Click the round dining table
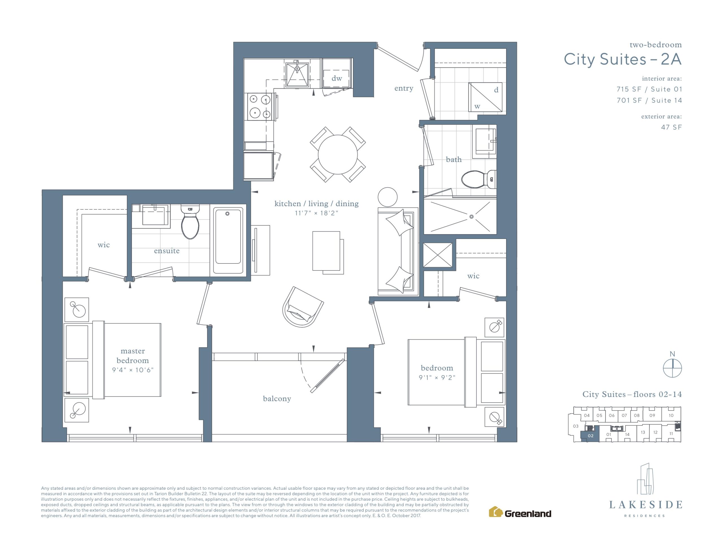[x=338, y=155]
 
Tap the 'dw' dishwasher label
[x=337, y=78]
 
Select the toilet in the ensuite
[x=190, y=222]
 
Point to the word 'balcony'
[x=277, y=399]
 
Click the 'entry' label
[x=404, y=88]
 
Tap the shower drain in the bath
[x=471, y=217]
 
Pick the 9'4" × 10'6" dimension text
[x=133, y=370]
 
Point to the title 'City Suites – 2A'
[x=623, y=60]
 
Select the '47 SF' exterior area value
[x=671, y=127]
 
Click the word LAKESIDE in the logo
[x=646, y=505]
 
